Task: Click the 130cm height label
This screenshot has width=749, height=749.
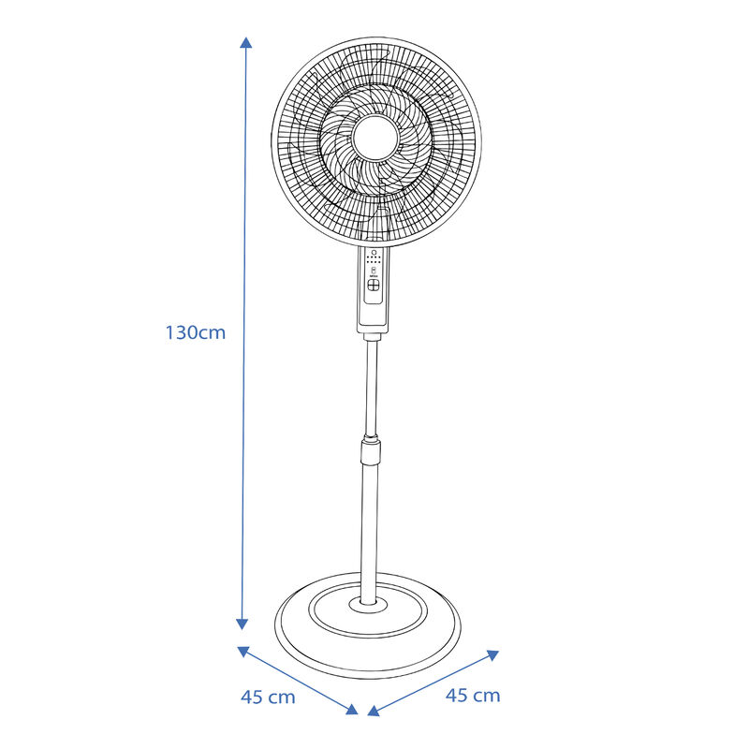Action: [196, 332]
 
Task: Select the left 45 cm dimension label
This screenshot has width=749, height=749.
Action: [268, 697]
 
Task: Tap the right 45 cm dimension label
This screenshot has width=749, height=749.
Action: [473, 695]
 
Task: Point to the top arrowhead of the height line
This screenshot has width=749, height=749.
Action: [245, 43]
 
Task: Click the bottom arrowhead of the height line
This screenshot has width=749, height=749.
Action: [242, 624]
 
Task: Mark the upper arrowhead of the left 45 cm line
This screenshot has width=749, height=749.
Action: [243, 650]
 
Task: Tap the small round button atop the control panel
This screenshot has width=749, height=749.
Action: [375, 253]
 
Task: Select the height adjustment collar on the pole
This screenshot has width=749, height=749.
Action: [374, 452]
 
